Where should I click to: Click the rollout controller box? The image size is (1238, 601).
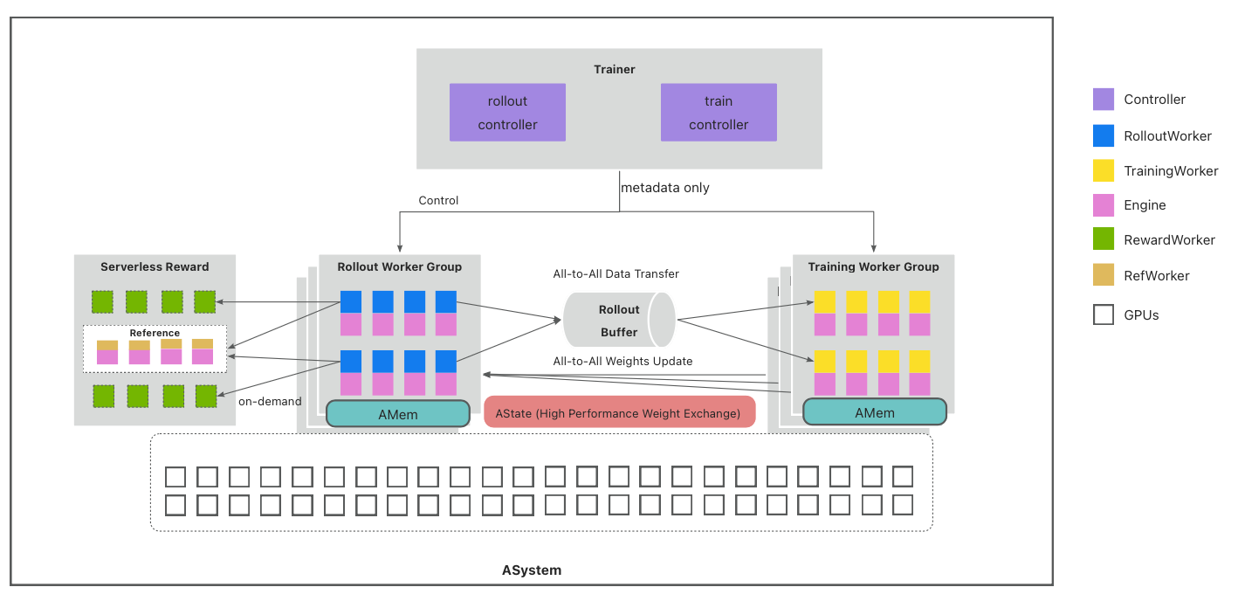[x=507, y=113]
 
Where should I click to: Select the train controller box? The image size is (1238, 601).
[x=719, y=113]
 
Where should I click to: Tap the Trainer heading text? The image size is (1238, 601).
[x=615, y=69]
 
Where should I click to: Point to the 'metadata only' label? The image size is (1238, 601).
[x=665, y=188]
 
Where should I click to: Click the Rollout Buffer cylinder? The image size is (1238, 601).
[x=619, y=321]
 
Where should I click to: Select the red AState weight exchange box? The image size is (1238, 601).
[x=617, y=413]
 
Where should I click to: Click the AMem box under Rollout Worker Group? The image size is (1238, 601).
[x=398, y=414]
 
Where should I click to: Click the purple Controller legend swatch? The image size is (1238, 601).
[x=1104, y=100]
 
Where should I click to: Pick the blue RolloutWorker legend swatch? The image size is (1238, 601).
[x=1104, y=135]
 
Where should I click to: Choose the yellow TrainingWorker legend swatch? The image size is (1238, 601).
[x=1104, y=170]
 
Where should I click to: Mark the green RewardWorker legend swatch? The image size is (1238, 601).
[x=1104, y=239]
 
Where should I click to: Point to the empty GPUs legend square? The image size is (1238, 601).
[x=1104, y=314]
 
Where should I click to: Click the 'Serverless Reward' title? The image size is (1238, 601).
[x=155, y=266]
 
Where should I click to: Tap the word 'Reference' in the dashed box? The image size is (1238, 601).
[x=155, y=333]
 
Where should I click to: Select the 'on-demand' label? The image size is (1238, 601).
[x=270, y=402]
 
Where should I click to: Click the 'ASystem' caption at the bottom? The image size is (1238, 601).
[x=532, y=570]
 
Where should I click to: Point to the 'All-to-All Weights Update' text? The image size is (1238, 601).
[x=623, y=361]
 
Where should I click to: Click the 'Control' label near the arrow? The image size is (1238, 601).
[x=438, y=201]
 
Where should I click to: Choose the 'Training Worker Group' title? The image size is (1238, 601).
[x=873, y=266]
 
